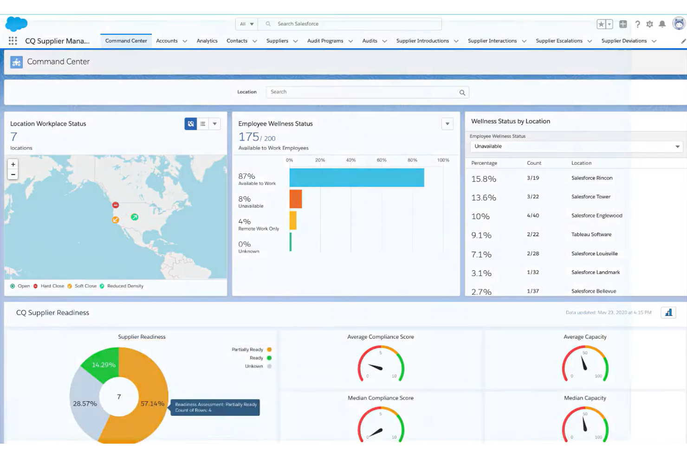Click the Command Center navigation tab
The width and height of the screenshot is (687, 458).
tap(126, 41)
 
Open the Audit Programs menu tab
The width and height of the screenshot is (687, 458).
tap(325, 41)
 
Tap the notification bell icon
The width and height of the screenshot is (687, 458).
tap(662, 24)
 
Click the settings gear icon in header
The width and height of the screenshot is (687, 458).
tap(649, 24)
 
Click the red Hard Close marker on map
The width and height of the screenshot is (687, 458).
tap(116, 205)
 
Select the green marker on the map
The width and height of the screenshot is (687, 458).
tap(135, 217)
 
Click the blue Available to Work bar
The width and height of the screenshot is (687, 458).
tap(356, 178)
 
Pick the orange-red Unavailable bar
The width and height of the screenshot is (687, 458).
tap(296, 199)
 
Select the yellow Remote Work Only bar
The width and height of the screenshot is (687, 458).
tap(293, 220)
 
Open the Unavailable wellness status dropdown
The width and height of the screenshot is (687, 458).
tap(576, 147)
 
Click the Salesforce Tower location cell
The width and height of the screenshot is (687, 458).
tap(590, 197)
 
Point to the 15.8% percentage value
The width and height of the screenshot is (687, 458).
tap(484, 179)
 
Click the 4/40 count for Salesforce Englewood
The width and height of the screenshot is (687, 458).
tap(533, 216)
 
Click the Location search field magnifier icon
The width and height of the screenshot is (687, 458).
tap(462, 92)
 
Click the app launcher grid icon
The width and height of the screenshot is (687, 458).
tap(13, 41)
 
